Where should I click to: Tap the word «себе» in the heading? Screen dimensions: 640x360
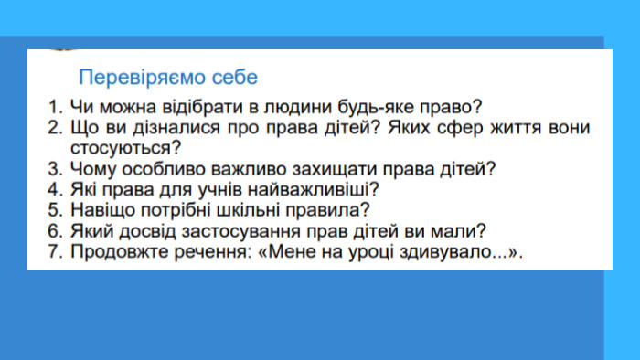235,77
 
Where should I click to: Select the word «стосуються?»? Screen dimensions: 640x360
125,148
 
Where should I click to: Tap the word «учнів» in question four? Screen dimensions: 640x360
220,190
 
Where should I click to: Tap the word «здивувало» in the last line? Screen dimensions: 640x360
446,252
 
